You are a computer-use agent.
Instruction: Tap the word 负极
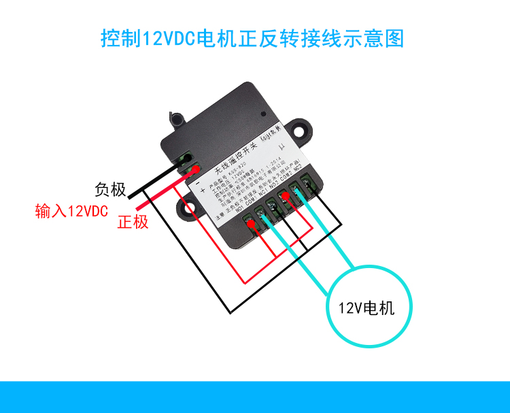click(x=111, y=190)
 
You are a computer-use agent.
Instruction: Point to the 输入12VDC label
click(x=71, y=212)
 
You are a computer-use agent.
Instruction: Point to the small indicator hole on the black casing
click(x=263, y=114)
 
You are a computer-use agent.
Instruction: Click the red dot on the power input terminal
click(x=195, y=169)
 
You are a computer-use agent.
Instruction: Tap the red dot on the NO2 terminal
click(x=286, y=198)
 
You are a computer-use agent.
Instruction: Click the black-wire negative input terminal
click(x=185, y=161)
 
